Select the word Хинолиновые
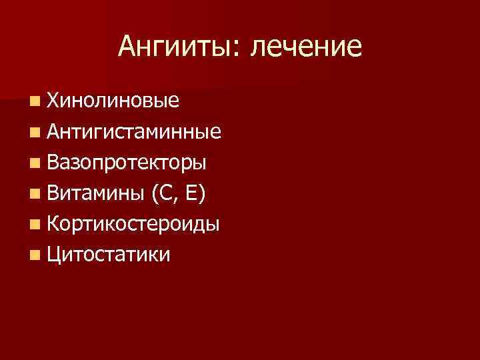(x=113, y=101)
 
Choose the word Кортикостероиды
(x=133, y=223)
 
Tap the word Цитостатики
(x=109, y=254)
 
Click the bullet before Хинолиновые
(x=33, y=102)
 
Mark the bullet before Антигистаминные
(x=33, y=133)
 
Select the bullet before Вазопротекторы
(x=33, y=163)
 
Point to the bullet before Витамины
(x=33, y=194)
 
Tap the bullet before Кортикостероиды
(x=33, y=225)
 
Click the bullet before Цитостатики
(x=33, y=255)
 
